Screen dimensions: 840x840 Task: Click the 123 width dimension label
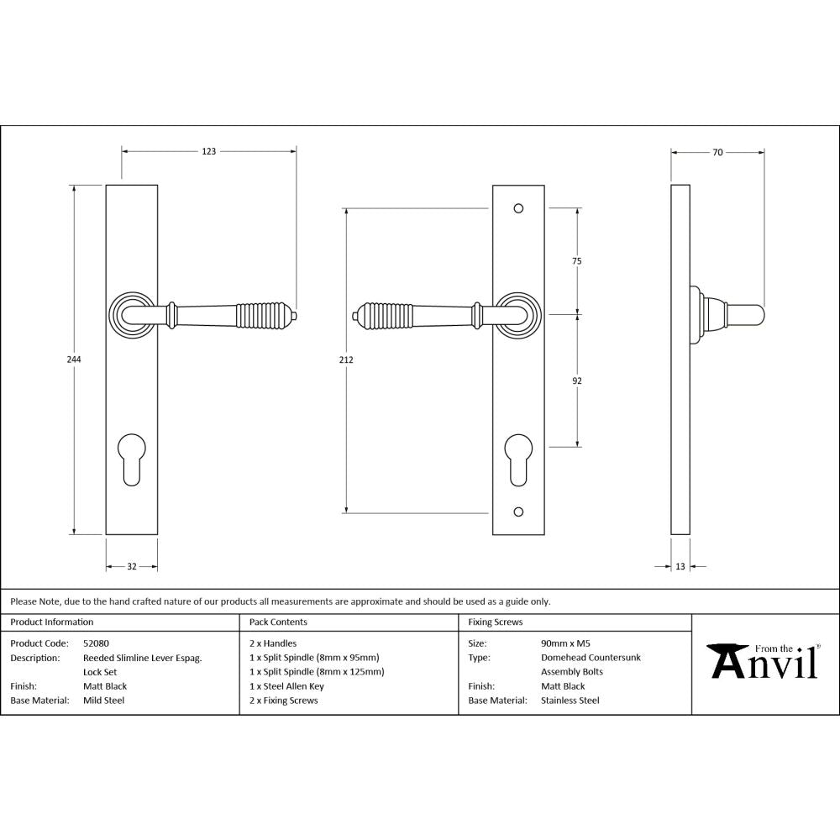(x=208, y=151)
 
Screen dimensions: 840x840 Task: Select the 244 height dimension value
(x=74, y=359)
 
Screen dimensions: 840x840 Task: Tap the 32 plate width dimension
(x=132, y=567)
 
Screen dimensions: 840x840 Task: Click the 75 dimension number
(x=577, y=261)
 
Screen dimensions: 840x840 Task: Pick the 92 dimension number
(x=577, y=381)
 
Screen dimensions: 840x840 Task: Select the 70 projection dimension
(x=717, y=152)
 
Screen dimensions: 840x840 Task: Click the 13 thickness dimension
(x=679, y=567)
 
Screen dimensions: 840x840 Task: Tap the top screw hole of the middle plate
(x=518, y=207)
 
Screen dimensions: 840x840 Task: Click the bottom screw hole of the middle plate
(x=518, y=511)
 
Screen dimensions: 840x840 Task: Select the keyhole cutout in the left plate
(x=133, y=457)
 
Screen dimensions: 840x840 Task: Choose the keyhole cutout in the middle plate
(x=518, y=457)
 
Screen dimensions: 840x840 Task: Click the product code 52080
(x=97, y=643)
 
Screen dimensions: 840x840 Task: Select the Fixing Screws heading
(x=496, y=622)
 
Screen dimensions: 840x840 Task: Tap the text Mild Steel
(x=103, y=700)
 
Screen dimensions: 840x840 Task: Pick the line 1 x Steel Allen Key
(x=286, y=685)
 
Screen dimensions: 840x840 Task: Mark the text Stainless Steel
(x=570, y=700)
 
